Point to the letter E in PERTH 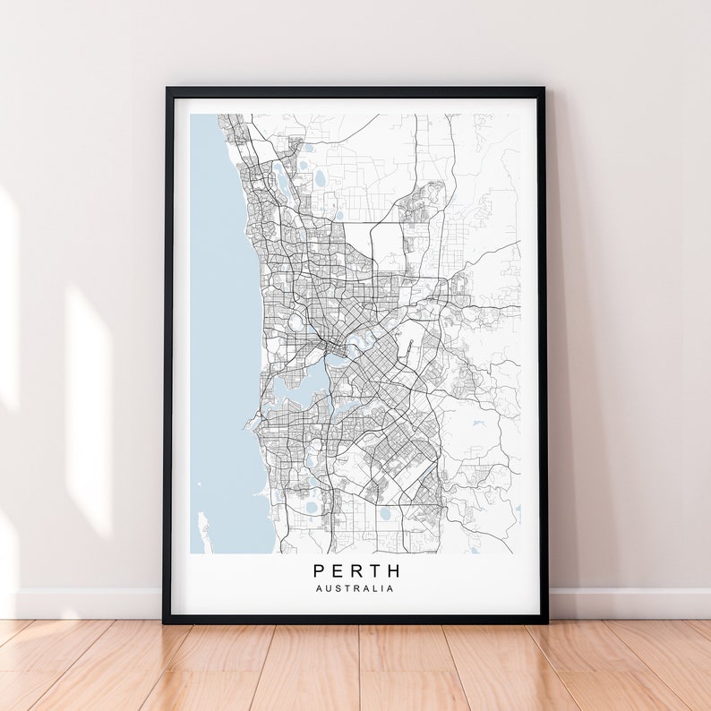point(338,570)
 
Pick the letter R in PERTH point(356,570)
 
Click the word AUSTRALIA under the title point(355,588)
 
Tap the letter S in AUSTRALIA point(335,588)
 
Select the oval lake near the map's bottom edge point(386,514)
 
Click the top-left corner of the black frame point(167,90)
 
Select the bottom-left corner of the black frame point(166,620)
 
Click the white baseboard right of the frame point(627,603)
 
